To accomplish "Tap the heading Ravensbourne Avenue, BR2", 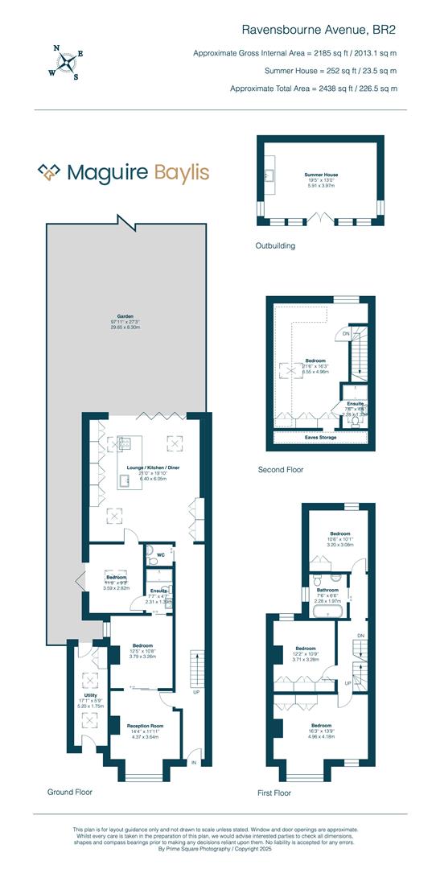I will [319, 30].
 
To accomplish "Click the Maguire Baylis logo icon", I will [51, 171].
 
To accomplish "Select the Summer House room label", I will [320, 175].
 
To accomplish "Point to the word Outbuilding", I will [276, 245].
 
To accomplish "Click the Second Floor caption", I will [280, 469].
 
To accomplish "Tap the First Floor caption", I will [274, 793].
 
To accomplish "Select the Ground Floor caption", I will [69, 792].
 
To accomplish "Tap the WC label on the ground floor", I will [161, 554].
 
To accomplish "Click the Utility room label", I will [89, 694].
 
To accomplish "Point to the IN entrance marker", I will [193, 761].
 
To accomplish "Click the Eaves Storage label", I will [320, 438].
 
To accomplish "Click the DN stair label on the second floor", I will [346, 332].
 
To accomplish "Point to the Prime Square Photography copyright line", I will [217, 847].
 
